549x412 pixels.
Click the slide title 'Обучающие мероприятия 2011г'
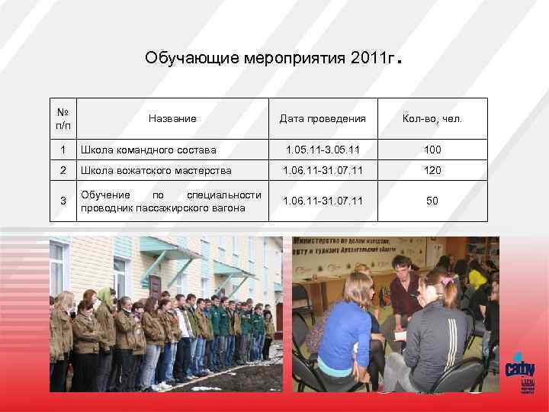click(x=271, y=58)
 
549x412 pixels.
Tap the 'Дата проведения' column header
click(x=323, y=119)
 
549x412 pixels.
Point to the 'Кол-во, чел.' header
click(x=432, y=119)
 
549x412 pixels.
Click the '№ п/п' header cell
click(x=63, y=118)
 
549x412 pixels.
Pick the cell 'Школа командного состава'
click(x=148, y=150)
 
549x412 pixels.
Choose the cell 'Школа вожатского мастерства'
click(x=155, y=170)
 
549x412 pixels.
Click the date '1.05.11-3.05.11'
click(x=323, y=150)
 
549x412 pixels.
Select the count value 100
click(x=432, y=150)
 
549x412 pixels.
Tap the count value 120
click(x=432, y=170)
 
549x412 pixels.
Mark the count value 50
click(x=432, y=201)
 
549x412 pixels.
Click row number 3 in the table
click(x=63, y=201)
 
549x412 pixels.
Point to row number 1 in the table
click(x=63, y=150)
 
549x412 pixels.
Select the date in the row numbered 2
click(x=323, y=170)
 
